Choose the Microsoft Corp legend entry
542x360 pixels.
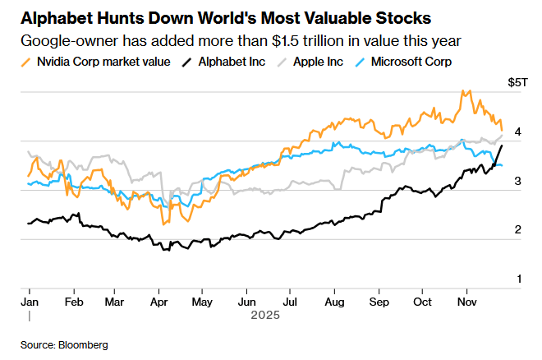pyautogui.click(x=411, y=62)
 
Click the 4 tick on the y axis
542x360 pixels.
pyautogui.click(x=517, y=132)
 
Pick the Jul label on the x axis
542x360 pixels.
pyautogui.click(x=290, y=301)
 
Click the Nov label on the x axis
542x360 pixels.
pyautogui.click(x=466, y=301)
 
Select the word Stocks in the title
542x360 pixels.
pyautogui.click(x=397, y=17)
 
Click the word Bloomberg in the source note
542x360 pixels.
pyautogui.click(x=83, y=344)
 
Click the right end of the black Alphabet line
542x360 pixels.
pyautogui.click(x=503, y=145)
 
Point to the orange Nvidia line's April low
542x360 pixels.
pyautogui.click(x=164, y=224)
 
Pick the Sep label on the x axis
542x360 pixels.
pyautogui.click(x=379, y=301)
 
